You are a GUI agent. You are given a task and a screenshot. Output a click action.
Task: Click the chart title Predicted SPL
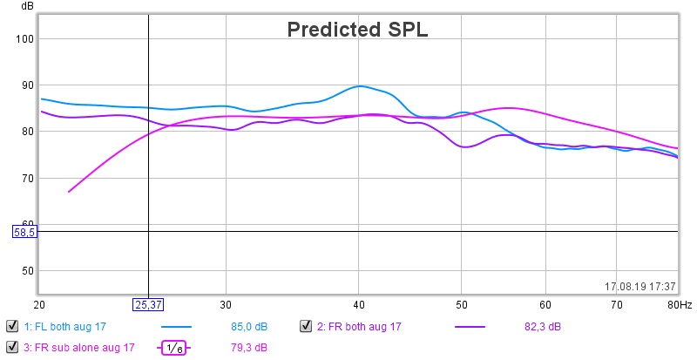pos(358,29)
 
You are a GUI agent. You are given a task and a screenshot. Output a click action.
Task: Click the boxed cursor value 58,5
pos(24,232)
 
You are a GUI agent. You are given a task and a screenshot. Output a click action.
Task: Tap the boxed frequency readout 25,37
pos(147,305)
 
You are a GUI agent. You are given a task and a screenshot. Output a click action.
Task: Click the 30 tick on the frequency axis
pos(226,305)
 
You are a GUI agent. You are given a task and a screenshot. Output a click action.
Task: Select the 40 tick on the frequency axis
pos(358,305)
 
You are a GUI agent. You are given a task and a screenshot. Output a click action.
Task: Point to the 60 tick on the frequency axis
pos(545,305)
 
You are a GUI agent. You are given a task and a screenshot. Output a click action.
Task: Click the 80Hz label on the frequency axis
pos(680,305)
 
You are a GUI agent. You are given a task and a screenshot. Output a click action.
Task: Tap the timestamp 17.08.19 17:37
pos(640,286)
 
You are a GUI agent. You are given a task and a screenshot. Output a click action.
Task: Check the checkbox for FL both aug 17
pos(12,327)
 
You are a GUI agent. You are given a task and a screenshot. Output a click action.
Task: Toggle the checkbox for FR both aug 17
pos(306,327)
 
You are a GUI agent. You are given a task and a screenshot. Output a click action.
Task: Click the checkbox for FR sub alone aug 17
pos(12,348)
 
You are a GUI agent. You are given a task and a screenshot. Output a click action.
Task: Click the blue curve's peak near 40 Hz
pos(360,86)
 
